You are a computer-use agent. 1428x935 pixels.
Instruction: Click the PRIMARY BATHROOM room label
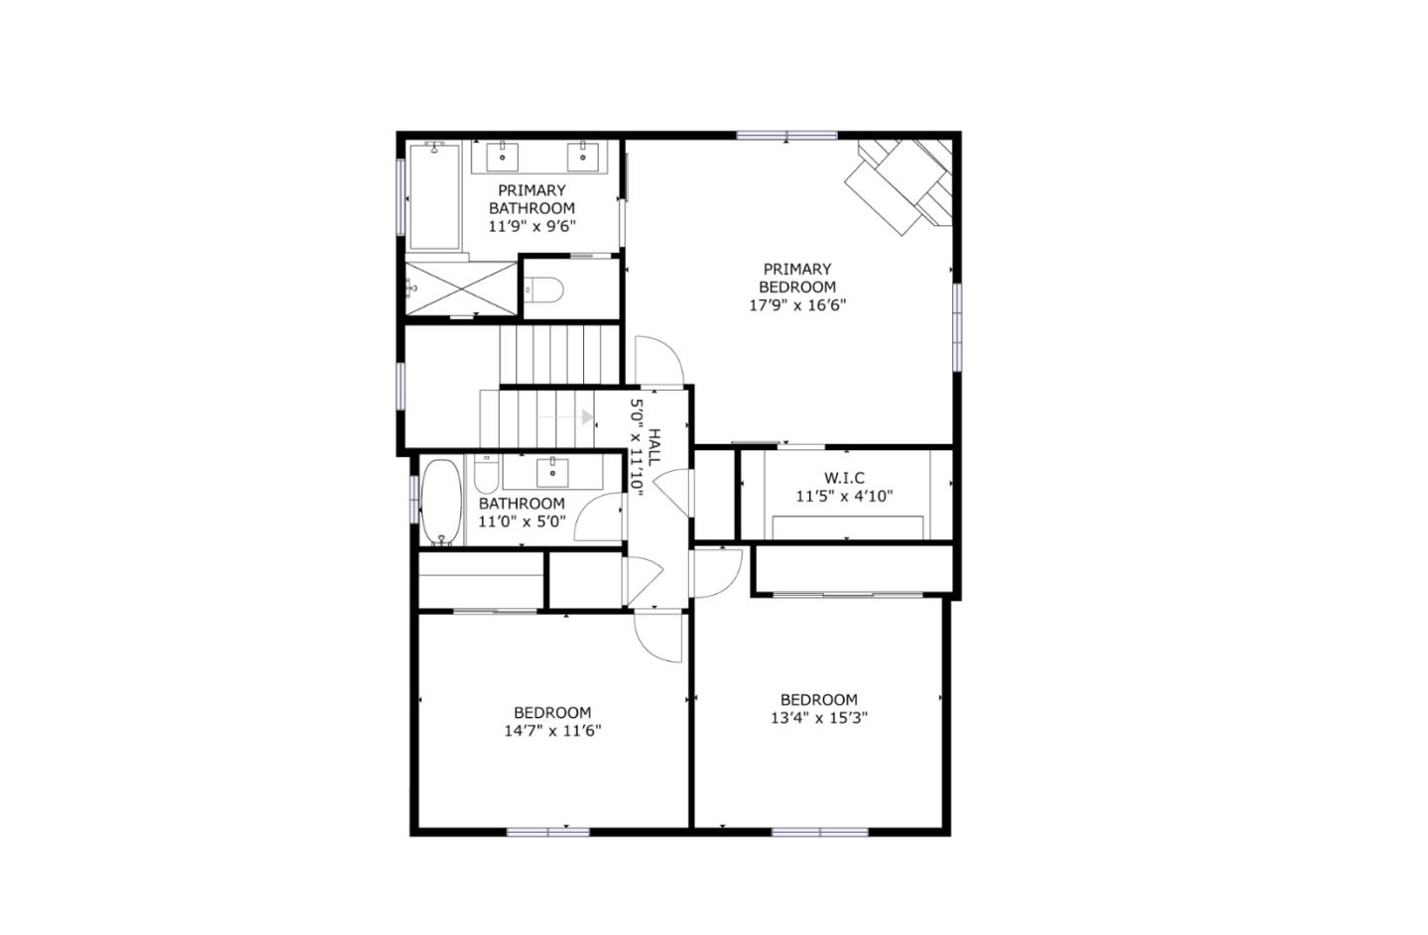532,199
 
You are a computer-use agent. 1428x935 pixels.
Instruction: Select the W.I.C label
844,478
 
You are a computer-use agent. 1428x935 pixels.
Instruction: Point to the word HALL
654,448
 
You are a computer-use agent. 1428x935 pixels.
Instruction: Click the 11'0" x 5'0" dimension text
522,522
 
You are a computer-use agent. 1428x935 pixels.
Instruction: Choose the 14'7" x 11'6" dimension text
552,732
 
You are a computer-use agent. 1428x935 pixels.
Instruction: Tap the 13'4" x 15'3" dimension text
819,719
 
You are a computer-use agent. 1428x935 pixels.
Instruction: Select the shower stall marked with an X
462,288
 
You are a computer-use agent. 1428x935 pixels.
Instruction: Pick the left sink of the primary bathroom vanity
503,155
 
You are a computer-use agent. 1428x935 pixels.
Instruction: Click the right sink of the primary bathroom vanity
582,155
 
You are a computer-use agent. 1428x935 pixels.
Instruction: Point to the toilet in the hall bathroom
485,477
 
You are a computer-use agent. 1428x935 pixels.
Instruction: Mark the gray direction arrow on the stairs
587,417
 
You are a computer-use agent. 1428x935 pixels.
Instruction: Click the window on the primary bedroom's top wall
787,135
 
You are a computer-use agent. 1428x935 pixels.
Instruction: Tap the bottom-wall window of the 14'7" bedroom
547,831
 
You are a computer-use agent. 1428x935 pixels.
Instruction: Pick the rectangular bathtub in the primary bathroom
434,195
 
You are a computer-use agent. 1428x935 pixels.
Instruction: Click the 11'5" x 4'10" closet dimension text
844,496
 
